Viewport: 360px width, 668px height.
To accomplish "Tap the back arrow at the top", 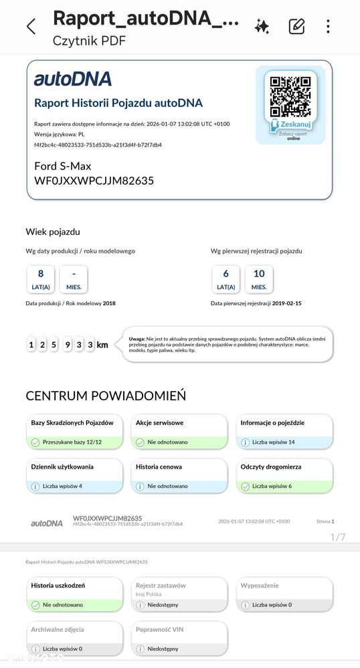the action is pyautogui.click(x=31, y=27).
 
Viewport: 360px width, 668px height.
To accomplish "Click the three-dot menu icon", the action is pyautogui.click(x=328, y=27).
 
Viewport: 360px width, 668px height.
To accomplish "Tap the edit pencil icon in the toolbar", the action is pyautogui.click(x=296, y=27).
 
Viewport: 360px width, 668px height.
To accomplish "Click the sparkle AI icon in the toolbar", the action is pyautogui.click(x=262, y=27).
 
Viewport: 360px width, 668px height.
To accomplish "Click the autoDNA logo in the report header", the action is pyautogui.click(x=73, y=79).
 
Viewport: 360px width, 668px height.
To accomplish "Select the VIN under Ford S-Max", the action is pyautogui.click(x=94, y=181).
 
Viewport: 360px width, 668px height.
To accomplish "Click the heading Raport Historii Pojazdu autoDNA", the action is pyautogui.click(x=118, y=103).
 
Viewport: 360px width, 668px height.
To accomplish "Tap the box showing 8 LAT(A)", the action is pyautogui.click(x=41, y=279).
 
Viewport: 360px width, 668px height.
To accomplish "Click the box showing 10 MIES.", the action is pyautogui.click(x=259, y=279).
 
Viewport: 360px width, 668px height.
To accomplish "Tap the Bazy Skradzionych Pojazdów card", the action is pyautogui.click(x=75, y=432).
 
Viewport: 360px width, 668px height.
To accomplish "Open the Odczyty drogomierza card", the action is pyautogui.click(x=284, y=476).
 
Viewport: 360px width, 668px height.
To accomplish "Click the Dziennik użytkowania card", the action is pyautogui.click(x=75, y=476).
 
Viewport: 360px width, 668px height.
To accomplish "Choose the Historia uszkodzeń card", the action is pyautogui.click(x=75, y=594).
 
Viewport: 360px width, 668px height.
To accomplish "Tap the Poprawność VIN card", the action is pyautogui.click(x=179, y=638).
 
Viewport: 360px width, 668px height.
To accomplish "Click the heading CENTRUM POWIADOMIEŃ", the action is pyautogui.click(x=106, y=396).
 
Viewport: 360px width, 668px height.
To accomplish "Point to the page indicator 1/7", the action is pyautogui.click(x=338, y=537).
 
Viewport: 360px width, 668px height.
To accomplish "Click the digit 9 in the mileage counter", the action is pyautogui.click(x=68, y=345).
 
